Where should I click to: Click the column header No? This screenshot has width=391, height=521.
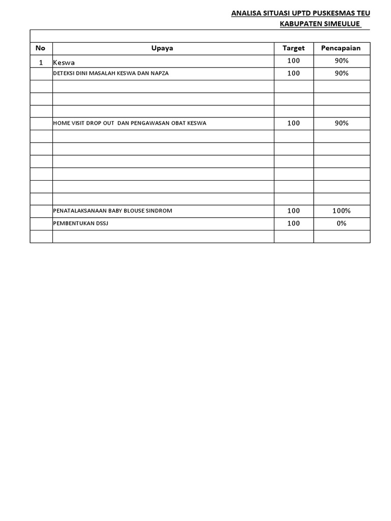coord(41,48)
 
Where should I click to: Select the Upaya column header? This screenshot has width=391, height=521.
coord(162,48)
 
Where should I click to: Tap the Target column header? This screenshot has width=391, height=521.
coord(294,48)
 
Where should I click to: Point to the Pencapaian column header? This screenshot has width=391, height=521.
coord(341,48)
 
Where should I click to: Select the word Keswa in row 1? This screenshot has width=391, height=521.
coord(64,62)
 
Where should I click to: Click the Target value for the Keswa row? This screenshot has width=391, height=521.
coord(294,61)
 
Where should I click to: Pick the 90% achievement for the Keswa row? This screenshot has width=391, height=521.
coord(341,61)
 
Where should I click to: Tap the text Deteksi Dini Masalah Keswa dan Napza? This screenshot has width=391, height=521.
coord(110,73)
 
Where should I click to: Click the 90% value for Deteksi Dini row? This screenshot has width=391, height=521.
coord(341,73)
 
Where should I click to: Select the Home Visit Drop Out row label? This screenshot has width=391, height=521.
coord(130,123)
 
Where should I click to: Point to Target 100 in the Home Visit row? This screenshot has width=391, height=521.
coord(294,123)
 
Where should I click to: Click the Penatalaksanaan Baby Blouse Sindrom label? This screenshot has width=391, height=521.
coord(113,211)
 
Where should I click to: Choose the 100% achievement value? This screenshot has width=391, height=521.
coord(341,211)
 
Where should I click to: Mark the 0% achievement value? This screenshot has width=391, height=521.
coord(341,223)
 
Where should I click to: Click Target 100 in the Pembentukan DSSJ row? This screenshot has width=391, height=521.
coord(294,223)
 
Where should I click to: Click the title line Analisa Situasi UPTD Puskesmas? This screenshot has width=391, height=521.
coord(301,13)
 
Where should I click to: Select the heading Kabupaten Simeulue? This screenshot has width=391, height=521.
coord(320,24)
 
